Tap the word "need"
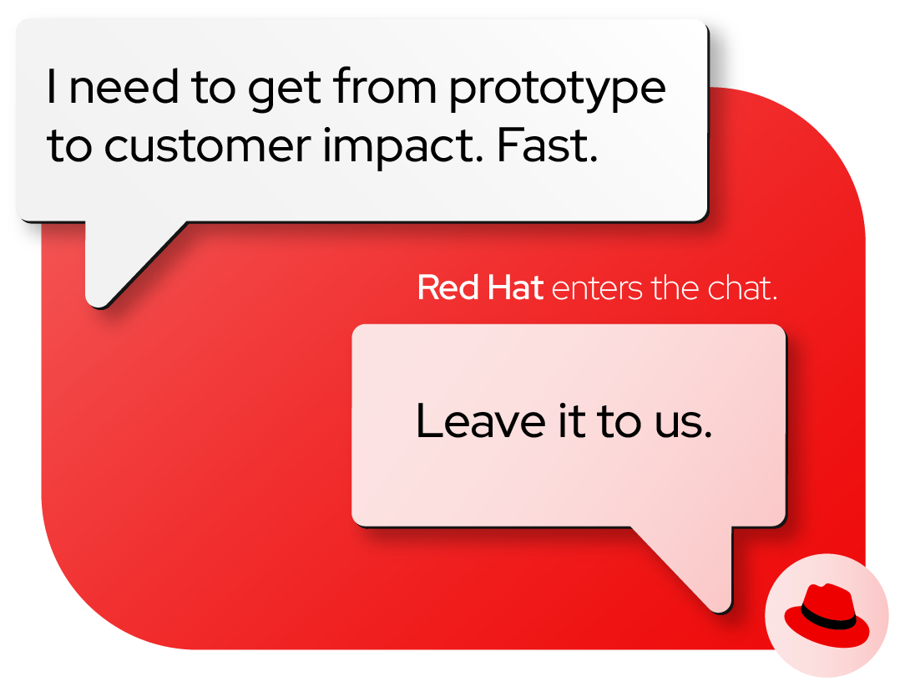pos(124,87)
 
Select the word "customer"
pos(208,145)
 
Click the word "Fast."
pos(547,145)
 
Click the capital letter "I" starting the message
pos(52,87)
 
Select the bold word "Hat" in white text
pos(515,287)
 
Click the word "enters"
pos(597,288)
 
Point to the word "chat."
pos(742,287)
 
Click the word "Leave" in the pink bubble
pos(481,420)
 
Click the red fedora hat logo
pos(827,615)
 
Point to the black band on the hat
pos(827,619)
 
